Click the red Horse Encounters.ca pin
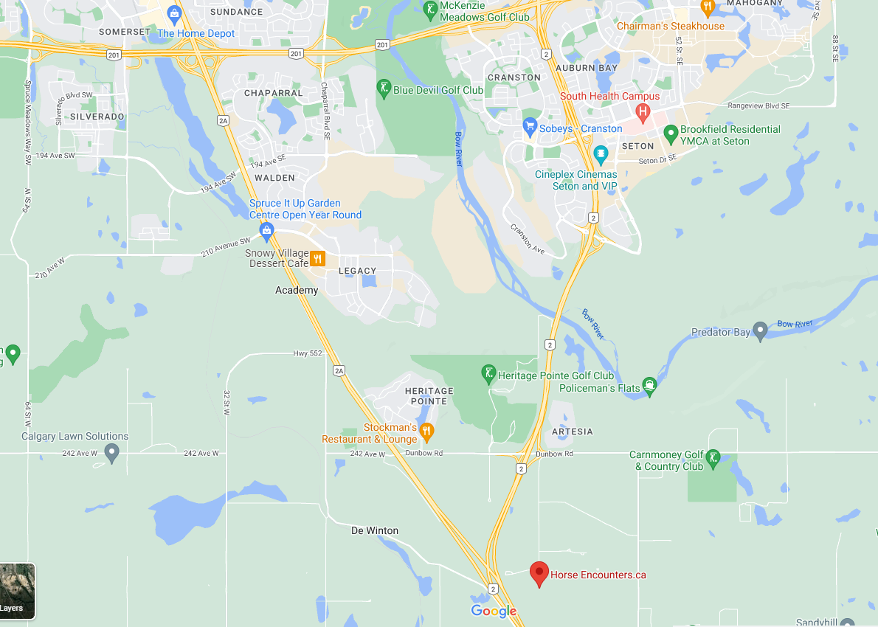pos(539,572)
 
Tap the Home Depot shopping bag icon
pos(174,13)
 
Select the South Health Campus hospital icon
pos(643,113)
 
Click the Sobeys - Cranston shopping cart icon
pos(529,127)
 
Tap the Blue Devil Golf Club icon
pos(384,89)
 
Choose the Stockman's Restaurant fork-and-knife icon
pos(426,431)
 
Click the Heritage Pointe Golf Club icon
pos(488,374)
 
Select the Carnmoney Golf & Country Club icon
pos(713,460)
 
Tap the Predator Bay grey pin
pos(761,331)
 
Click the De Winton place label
pos(374,530)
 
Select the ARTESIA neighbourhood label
pos(572,432)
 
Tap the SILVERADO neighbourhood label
pos(97,117)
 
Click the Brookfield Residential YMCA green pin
pos(671,134)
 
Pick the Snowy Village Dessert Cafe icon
pos(317,258)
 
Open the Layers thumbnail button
pos(17,591)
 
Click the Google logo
pos(494,611)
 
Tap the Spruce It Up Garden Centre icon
pos(267,231)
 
